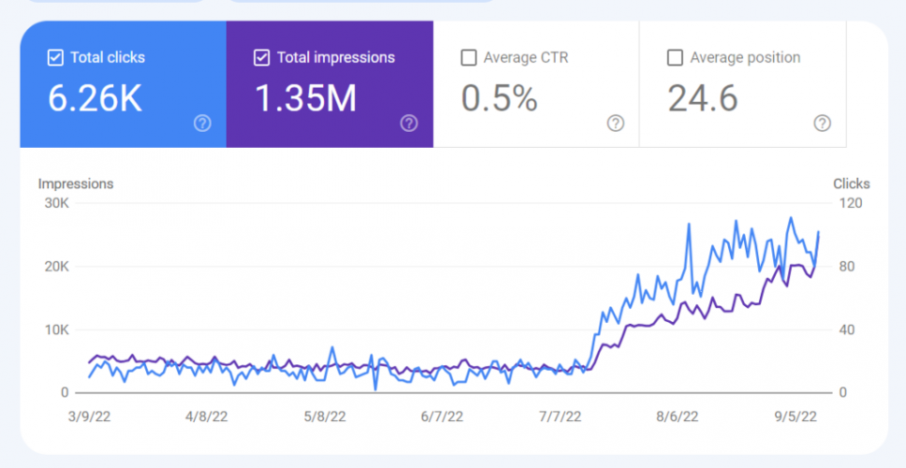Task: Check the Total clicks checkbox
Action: tap(55, 58)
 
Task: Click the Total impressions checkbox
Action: tap(262, 58)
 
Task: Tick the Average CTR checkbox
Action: tap(469, 58)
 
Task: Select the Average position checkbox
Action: tap(675, 58)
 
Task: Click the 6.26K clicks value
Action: tap(95, 97)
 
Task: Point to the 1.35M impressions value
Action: tap(305, 97)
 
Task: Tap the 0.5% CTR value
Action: tap(500, 97)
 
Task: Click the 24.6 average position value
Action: tap(703, 97)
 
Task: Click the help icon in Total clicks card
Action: tap(202, 124)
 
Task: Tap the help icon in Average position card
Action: tap(822, 124)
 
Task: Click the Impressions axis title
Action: tap(76, 183)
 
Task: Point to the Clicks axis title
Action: tap(851, 183)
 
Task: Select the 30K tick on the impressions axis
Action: tap(55, 203)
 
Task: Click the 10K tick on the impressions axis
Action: tap(55, 329)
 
